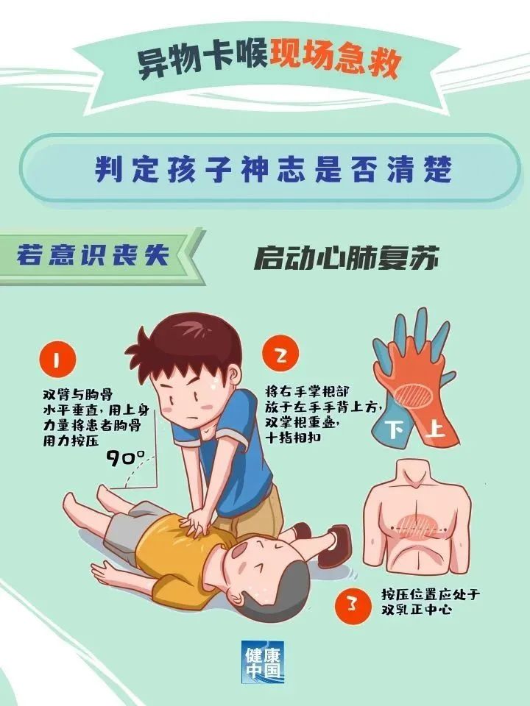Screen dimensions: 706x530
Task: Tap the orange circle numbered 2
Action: (x=280, y=354)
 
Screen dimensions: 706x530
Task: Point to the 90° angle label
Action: (x=125, y=457)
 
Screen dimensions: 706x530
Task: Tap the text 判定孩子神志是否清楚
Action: (x=272, y=169)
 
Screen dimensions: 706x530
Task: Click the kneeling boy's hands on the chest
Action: (x=197, y=524)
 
